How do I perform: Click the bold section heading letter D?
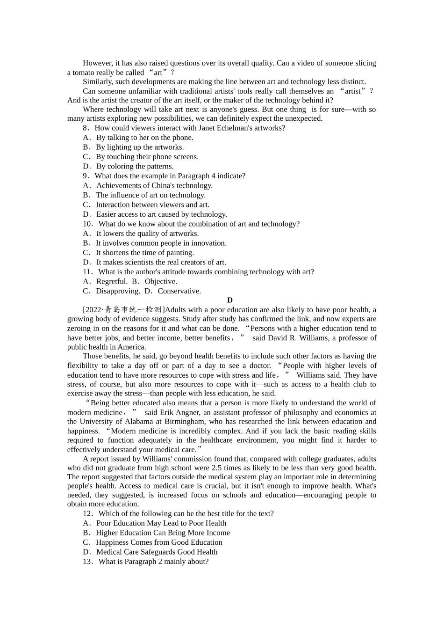229,300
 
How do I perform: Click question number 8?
86,128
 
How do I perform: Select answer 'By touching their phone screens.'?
147,157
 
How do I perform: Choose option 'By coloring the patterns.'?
135,166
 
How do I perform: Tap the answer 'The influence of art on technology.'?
150,195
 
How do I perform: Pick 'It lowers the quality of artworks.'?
147,234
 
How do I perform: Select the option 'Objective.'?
161,281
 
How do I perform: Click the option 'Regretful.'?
112,281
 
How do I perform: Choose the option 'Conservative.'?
179,291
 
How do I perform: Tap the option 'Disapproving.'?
118,291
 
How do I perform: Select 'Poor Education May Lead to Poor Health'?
161,523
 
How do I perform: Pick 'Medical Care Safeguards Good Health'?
157,552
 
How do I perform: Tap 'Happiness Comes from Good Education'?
159,542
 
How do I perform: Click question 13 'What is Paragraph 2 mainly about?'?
153,562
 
